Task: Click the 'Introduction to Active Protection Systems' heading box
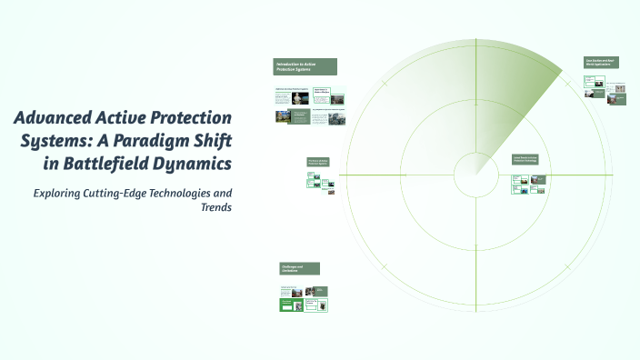coord(305,66)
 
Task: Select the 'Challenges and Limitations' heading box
coord(299,268)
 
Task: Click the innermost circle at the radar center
coord(474,174)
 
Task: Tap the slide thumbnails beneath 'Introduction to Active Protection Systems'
coord(309,105)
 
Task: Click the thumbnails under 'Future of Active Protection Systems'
coord(317,181)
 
